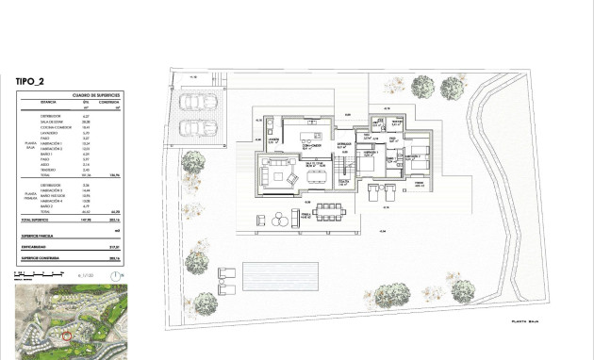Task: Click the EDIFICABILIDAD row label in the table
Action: (37, 248)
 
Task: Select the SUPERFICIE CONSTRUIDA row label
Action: (41, 256)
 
